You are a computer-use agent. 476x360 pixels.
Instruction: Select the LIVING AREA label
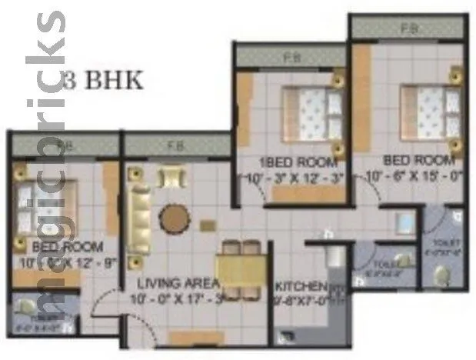click(171, 285)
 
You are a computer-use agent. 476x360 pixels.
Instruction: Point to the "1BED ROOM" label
click(288, 162)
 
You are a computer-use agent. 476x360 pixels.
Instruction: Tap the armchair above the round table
click(171, 178)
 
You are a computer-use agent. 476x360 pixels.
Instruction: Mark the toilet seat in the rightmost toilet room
click(441, 274)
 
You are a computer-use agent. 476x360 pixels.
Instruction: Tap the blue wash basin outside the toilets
click(404, 223)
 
